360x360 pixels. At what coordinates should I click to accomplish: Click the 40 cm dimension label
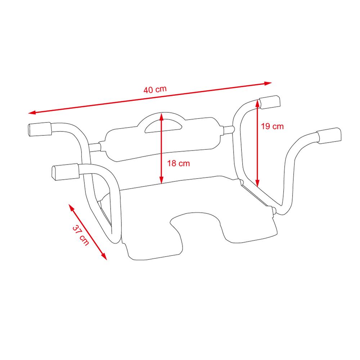pyautogui.click(x=155, y=90)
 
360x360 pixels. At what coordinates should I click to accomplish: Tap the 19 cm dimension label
pyautogui.click(x=272, y=126)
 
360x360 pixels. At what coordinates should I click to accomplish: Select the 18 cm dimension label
pyautogui.click(x=178, y=163)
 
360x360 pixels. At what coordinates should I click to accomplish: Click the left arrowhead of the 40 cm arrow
pyautogui.click(x=32, y=113)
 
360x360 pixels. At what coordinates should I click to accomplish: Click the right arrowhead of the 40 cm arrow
pyautogui.click(x=268, y=83)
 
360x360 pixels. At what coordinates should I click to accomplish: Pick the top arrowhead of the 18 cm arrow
pyautogui.click(x=162, y=116)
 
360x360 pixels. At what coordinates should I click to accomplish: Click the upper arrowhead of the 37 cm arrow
pyautogui.click(x=71, y=207)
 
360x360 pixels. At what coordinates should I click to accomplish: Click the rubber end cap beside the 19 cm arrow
pyautogui.click(x=270, y=102)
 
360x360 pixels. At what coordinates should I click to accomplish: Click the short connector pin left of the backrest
pyautogui.click(x=95, y=147)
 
